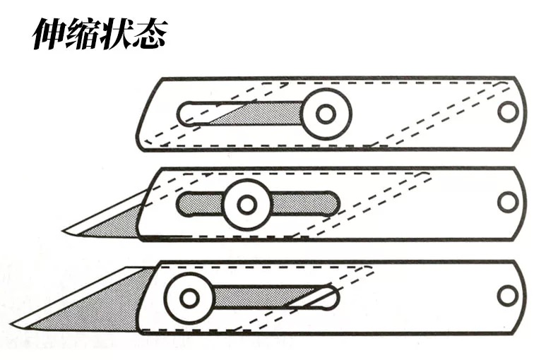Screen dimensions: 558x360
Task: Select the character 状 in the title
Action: [114, 34]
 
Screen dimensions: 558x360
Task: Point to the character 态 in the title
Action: [148, 34]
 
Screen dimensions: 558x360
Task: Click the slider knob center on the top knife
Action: [326, 114]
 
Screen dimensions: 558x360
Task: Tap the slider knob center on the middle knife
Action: [247, 205]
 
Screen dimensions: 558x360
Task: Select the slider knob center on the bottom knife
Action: [189, 297]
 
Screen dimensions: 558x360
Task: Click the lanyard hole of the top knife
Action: [508, 112]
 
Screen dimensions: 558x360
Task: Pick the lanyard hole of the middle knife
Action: [508, 202]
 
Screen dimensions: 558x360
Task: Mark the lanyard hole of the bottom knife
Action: [508, 295]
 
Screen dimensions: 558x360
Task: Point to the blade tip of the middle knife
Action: [64, 231]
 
